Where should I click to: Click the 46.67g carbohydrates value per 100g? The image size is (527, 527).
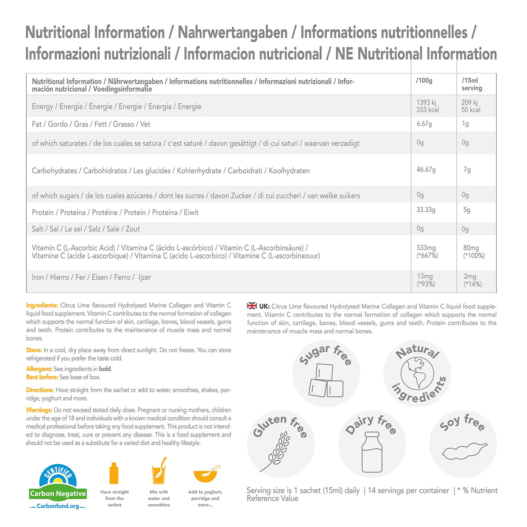tap(426, 170)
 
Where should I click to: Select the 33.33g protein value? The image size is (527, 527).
tap(426, 210)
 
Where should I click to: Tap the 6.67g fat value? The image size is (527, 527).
tap(424, 124)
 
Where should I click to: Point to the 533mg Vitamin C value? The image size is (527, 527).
tap(426, 248)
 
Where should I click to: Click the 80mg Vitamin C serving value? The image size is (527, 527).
tap(471, 248)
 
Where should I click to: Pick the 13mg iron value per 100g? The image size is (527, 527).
tap(425, 276)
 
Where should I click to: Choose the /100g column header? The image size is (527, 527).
tap(424, 81)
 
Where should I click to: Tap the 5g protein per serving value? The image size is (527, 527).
tap(467, 210)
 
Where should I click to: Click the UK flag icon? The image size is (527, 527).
tap(252, 306)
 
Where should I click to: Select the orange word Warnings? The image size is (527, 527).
tap(39, 410)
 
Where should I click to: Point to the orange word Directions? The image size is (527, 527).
tap(40, 390)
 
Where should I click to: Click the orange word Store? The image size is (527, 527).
tap(34, 350)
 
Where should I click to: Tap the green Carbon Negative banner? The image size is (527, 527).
tap(58, 494)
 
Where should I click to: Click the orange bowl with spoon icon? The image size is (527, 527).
tap(206, 474)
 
